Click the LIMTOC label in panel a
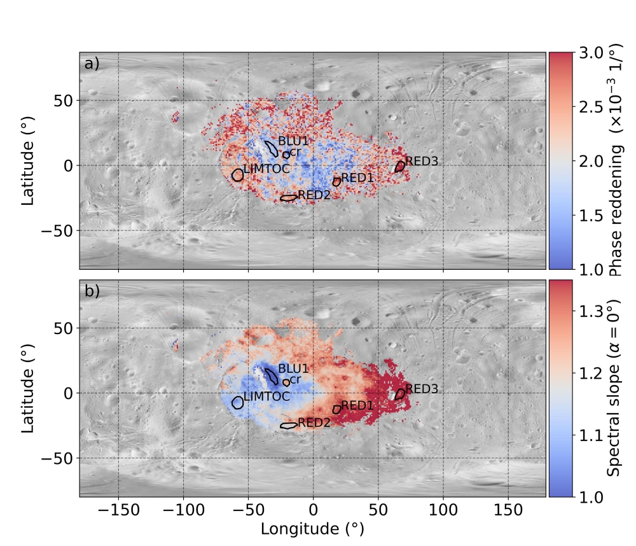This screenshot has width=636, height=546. point(267,169)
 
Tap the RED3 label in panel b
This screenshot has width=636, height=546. point(422,388)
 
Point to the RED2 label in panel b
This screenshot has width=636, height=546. point(314,422)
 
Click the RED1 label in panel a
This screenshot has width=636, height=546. point(357,178)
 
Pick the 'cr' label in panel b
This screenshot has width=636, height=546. point(295,379)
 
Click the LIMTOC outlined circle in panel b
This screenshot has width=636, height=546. point(238,402)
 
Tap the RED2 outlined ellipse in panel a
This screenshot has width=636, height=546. point(289,198)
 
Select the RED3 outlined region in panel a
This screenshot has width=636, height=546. point(399,167)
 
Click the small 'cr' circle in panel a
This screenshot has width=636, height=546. point(286,155)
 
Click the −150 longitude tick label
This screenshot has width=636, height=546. point(119,510)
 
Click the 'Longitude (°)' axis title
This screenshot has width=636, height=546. point(313,529)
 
